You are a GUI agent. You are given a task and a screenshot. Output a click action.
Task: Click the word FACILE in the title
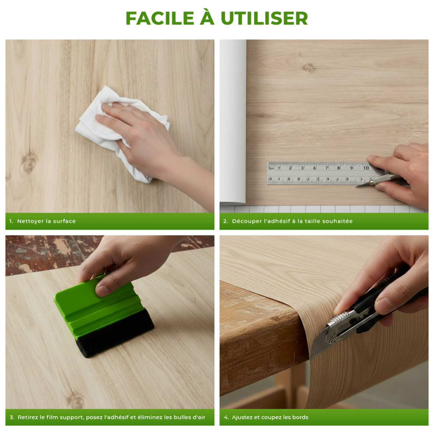coord(160,18)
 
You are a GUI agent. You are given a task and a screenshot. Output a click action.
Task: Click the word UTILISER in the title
coord(264,18)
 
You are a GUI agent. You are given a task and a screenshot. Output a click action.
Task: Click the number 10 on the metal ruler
coord(366,168)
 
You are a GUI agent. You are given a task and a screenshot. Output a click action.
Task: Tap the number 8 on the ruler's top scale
coord(339,168)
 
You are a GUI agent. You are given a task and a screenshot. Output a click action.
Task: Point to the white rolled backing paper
coord(233,122)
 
